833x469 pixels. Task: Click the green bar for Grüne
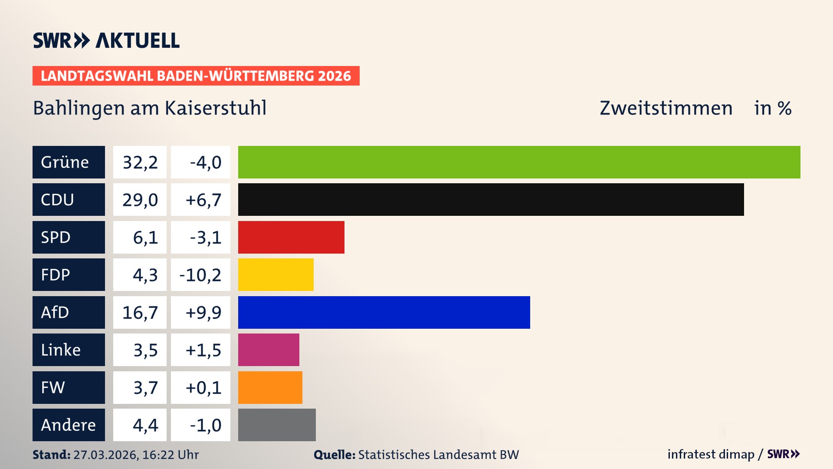click(519, 162)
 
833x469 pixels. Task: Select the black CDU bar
click(491, 199)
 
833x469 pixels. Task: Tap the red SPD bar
click(291, 237)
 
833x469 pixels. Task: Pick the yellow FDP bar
click(275, 274)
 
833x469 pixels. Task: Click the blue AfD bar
click(384, 312)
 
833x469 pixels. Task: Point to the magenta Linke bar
click(269, 350)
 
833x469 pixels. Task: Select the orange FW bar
click(270, 387)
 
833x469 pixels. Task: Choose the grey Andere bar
click(277, 425)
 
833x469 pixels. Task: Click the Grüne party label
click(69, 162)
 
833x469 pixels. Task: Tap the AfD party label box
click(69, 312)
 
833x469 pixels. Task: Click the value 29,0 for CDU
click(140, 200)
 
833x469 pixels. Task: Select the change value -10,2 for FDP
click(200, 275)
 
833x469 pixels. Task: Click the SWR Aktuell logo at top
click(106, 40)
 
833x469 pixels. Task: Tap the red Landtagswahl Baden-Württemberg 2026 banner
click(196, 76)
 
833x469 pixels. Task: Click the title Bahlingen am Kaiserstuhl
click(150, 108)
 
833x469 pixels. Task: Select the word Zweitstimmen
click(666, 108)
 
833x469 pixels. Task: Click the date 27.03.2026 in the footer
click(105, 455)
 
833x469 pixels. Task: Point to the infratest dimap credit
click(711, 454)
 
